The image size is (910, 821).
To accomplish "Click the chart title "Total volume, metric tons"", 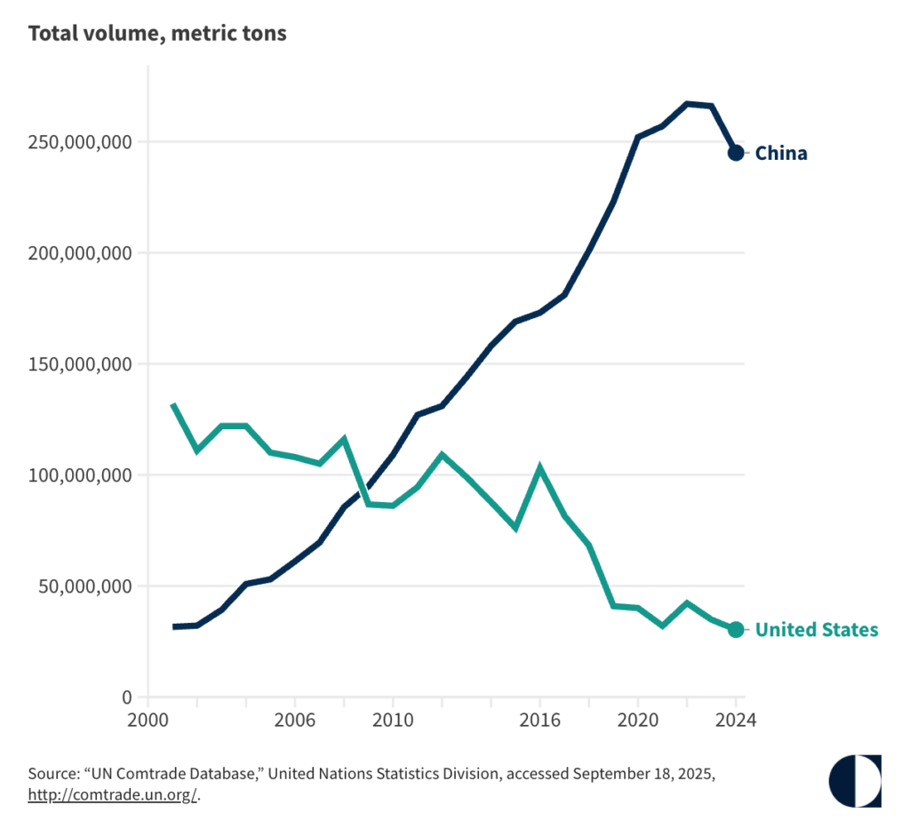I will (157, 34).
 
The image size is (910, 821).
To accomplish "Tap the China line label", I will (781, 153).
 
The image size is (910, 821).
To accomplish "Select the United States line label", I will (816, 630).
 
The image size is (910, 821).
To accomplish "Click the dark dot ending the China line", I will (736, 153).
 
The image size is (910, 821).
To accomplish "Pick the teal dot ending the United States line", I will (736, 630).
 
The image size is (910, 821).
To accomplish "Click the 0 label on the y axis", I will (128, 697).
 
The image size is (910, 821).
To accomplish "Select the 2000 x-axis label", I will (148, 721).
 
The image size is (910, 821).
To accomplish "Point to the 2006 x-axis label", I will (294, 721).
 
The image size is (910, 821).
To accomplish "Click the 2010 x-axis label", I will (392, 721).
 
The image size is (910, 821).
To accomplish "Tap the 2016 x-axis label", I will (539, 721).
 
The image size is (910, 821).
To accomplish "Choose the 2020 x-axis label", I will (637, 721).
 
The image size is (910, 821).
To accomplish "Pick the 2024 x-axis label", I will (734, 721).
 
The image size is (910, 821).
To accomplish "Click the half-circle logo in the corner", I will (854, 780).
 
